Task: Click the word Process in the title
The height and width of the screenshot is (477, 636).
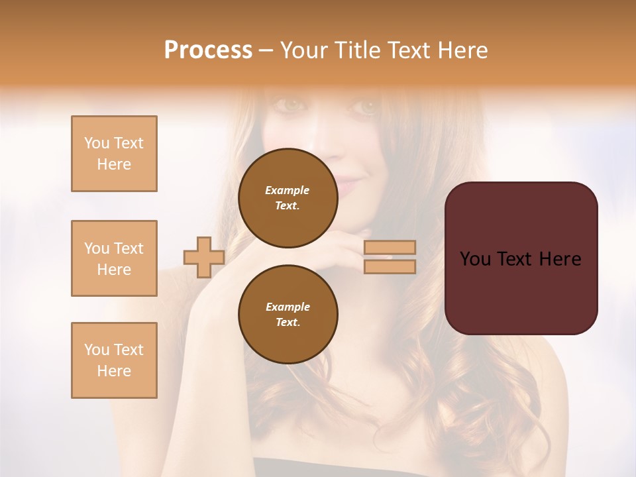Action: click(208, 50)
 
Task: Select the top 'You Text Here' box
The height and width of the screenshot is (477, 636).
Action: click(114, 154)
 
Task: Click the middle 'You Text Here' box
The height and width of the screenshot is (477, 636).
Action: click(114, 258)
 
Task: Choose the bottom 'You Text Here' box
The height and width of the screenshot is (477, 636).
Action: click(114, 360)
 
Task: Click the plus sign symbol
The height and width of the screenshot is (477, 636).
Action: click(204, 257)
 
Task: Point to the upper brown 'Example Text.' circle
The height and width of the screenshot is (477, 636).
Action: click(288, 197)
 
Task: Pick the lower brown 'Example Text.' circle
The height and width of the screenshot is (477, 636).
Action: click(288, 314)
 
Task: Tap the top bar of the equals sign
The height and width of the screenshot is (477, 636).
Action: click(390, 248)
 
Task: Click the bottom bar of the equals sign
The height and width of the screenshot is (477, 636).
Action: click(390, 266)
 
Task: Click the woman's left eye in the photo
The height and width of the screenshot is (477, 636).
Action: click(366, 105)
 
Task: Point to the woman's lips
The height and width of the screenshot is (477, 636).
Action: click(349, 184)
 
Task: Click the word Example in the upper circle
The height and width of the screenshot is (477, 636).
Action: click(288, 190)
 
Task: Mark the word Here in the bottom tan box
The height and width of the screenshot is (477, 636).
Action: click(114, 371)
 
